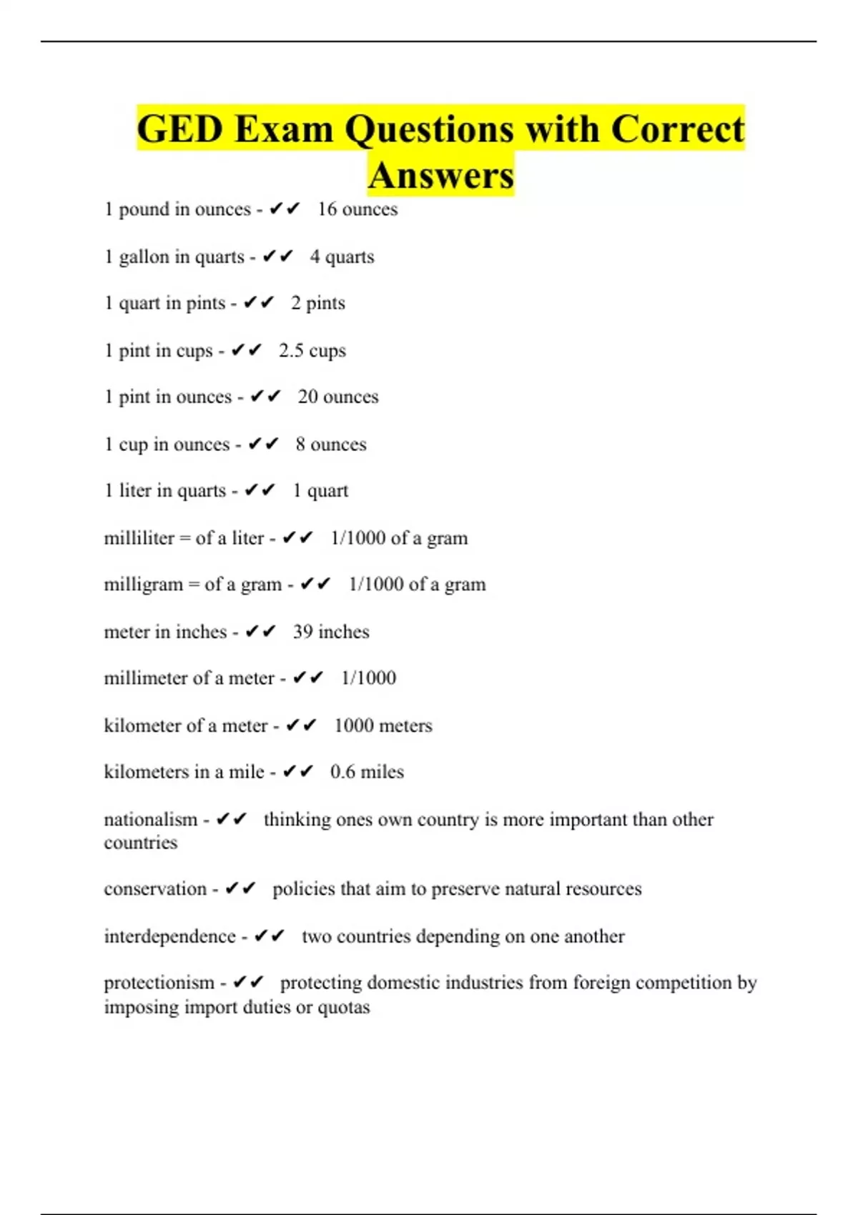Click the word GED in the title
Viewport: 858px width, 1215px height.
179,130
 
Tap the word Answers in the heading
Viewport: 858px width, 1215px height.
441,176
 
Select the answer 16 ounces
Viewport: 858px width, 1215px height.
357,209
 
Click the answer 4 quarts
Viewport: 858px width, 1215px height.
342,257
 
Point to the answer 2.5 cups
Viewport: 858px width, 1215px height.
312,350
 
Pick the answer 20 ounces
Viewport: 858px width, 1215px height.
338,397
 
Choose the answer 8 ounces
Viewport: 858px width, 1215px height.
331,444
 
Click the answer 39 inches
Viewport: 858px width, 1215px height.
331,632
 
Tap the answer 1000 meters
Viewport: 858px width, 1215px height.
383,725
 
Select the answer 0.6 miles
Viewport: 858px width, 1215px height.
367,772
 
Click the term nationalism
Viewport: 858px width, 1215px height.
150,819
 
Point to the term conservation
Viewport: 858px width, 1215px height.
155,889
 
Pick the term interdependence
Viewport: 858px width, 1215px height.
169,936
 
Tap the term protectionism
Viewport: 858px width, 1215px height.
159,983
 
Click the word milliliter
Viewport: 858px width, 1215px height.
139,538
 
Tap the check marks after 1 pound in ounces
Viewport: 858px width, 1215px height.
285,209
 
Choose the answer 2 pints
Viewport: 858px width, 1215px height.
317,303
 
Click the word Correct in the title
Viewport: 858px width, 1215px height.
678,130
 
